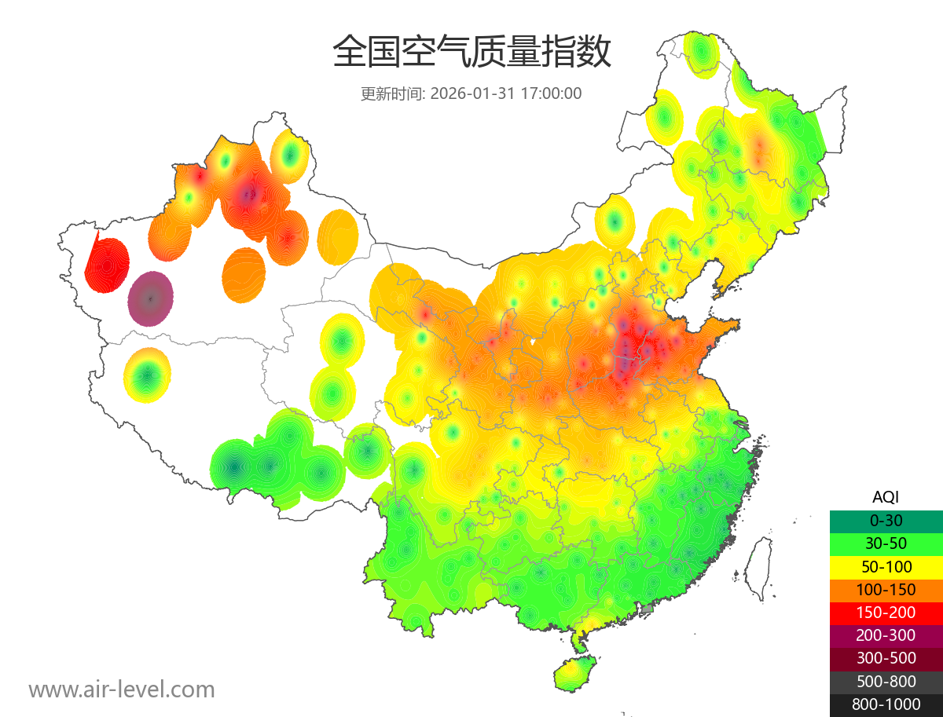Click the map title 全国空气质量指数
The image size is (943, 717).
tap(472, 53)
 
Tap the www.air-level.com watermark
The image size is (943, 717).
tap(122, 690)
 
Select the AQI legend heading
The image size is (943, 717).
tap(886, 497)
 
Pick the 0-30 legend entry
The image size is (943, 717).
tap(886, 521)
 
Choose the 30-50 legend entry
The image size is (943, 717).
tap(886, 543)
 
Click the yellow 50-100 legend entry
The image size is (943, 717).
tap(886, 566)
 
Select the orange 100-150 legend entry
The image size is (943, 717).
tap(886, 590)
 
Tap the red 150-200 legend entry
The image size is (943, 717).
tap(886, 613)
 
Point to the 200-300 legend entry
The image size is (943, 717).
tap(886, 635)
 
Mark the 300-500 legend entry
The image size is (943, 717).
tap(886, 658)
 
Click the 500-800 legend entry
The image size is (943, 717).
tap(886, 682)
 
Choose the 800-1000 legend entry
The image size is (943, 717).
tap(886, 704)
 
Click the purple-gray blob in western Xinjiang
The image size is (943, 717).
tap(151, 298)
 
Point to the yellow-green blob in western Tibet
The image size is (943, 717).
tap(147, 375)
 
